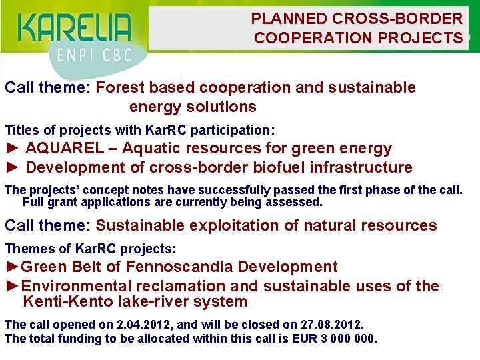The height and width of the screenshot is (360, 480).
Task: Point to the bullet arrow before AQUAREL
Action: (x=13, y=149)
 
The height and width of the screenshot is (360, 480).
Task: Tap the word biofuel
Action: (x=272, y=167)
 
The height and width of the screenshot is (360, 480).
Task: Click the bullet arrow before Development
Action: (x=13, y=167)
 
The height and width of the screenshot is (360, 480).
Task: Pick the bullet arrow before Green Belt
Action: (x=13, y=267)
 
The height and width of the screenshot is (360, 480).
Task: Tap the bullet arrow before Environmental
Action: (x=13, y=287)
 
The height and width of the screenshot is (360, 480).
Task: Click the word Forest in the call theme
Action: (x=120, y=88)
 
